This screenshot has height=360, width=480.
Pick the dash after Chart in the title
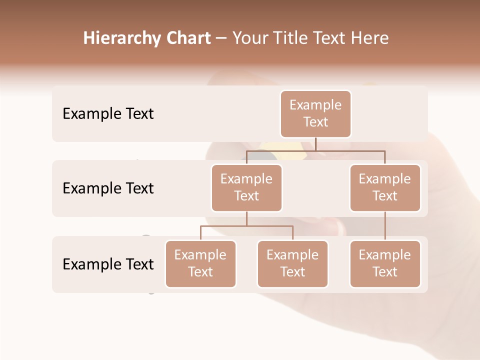221,38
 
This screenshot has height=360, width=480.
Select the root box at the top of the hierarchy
315,114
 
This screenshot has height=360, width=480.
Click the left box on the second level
246,188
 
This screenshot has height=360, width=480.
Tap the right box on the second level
385,188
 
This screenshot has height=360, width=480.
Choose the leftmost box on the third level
200,264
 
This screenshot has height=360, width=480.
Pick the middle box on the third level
292,264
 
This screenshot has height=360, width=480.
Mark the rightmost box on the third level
385,264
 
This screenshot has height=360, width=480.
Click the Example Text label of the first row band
108,114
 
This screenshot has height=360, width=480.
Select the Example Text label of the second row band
108,188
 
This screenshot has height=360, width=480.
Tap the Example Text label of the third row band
108,264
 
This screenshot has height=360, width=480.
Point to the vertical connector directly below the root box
315,144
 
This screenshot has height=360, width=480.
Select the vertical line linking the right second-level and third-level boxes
385,226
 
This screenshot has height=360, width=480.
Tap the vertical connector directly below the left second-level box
246,219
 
